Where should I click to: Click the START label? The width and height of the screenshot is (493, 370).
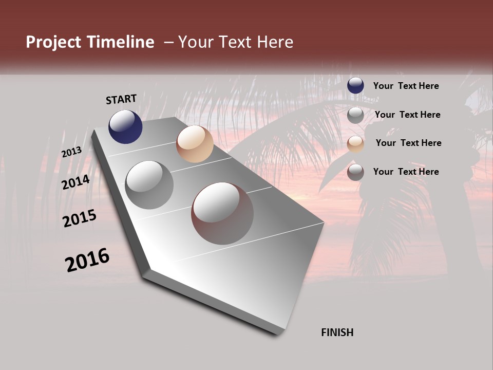click(121, 99)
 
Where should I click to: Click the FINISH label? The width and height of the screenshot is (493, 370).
click(337, 332)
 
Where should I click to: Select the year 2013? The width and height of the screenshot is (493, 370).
click(71, 152)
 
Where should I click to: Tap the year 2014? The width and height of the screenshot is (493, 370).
click(75, 182)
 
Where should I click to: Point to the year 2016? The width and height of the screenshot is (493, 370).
click(87, 260)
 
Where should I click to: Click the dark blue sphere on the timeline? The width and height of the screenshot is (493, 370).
click(125, 127)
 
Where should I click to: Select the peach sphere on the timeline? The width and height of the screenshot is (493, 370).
click(195, 144)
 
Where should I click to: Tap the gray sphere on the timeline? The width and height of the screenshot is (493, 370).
click(149, 185)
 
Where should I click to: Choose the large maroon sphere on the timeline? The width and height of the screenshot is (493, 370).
click(222, 213)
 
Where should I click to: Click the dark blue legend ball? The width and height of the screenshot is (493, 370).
click(355, 86)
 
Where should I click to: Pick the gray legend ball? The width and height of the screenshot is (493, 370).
click(355, 115)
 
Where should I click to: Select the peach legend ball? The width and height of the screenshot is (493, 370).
click(355, 144)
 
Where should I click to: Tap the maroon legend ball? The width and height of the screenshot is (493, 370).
click(355, 172)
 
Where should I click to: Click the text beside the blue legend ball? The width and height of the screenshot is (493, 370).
click(406, 86)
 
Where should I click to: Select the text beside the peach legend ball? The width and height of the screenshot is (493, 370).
click(408, 143)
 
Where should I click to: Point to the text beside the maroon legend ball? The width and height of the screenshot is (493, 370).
click(406, 172)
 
